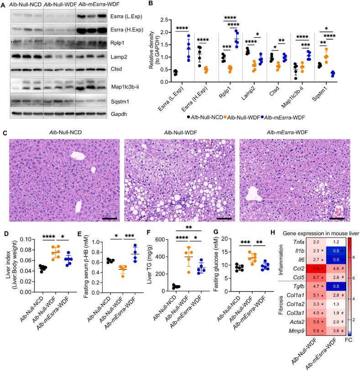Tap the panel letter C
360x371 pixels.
(x=4, y=134)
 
